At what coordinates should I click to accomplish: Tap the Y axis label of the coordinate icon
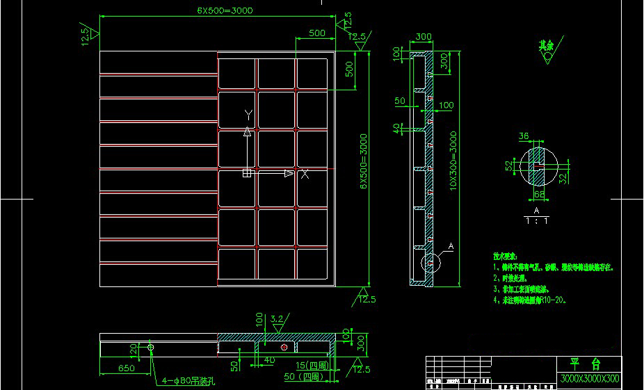point(248,113)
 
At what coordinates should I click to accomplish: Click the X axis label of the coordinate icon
point(304,174)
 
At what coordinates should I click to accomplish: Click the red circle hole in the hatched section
point(283,346)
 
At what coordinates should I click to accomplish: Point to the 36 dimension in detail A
point(524,136)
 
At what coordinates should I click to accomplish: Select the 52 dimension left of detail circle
point(508,165)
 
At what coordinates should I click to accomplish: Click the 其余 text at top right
point(546,44)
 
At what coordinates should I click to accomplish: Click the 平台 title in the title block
point(586,364)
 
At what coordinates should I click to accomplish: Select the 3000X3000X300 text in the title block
point(589,379)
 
